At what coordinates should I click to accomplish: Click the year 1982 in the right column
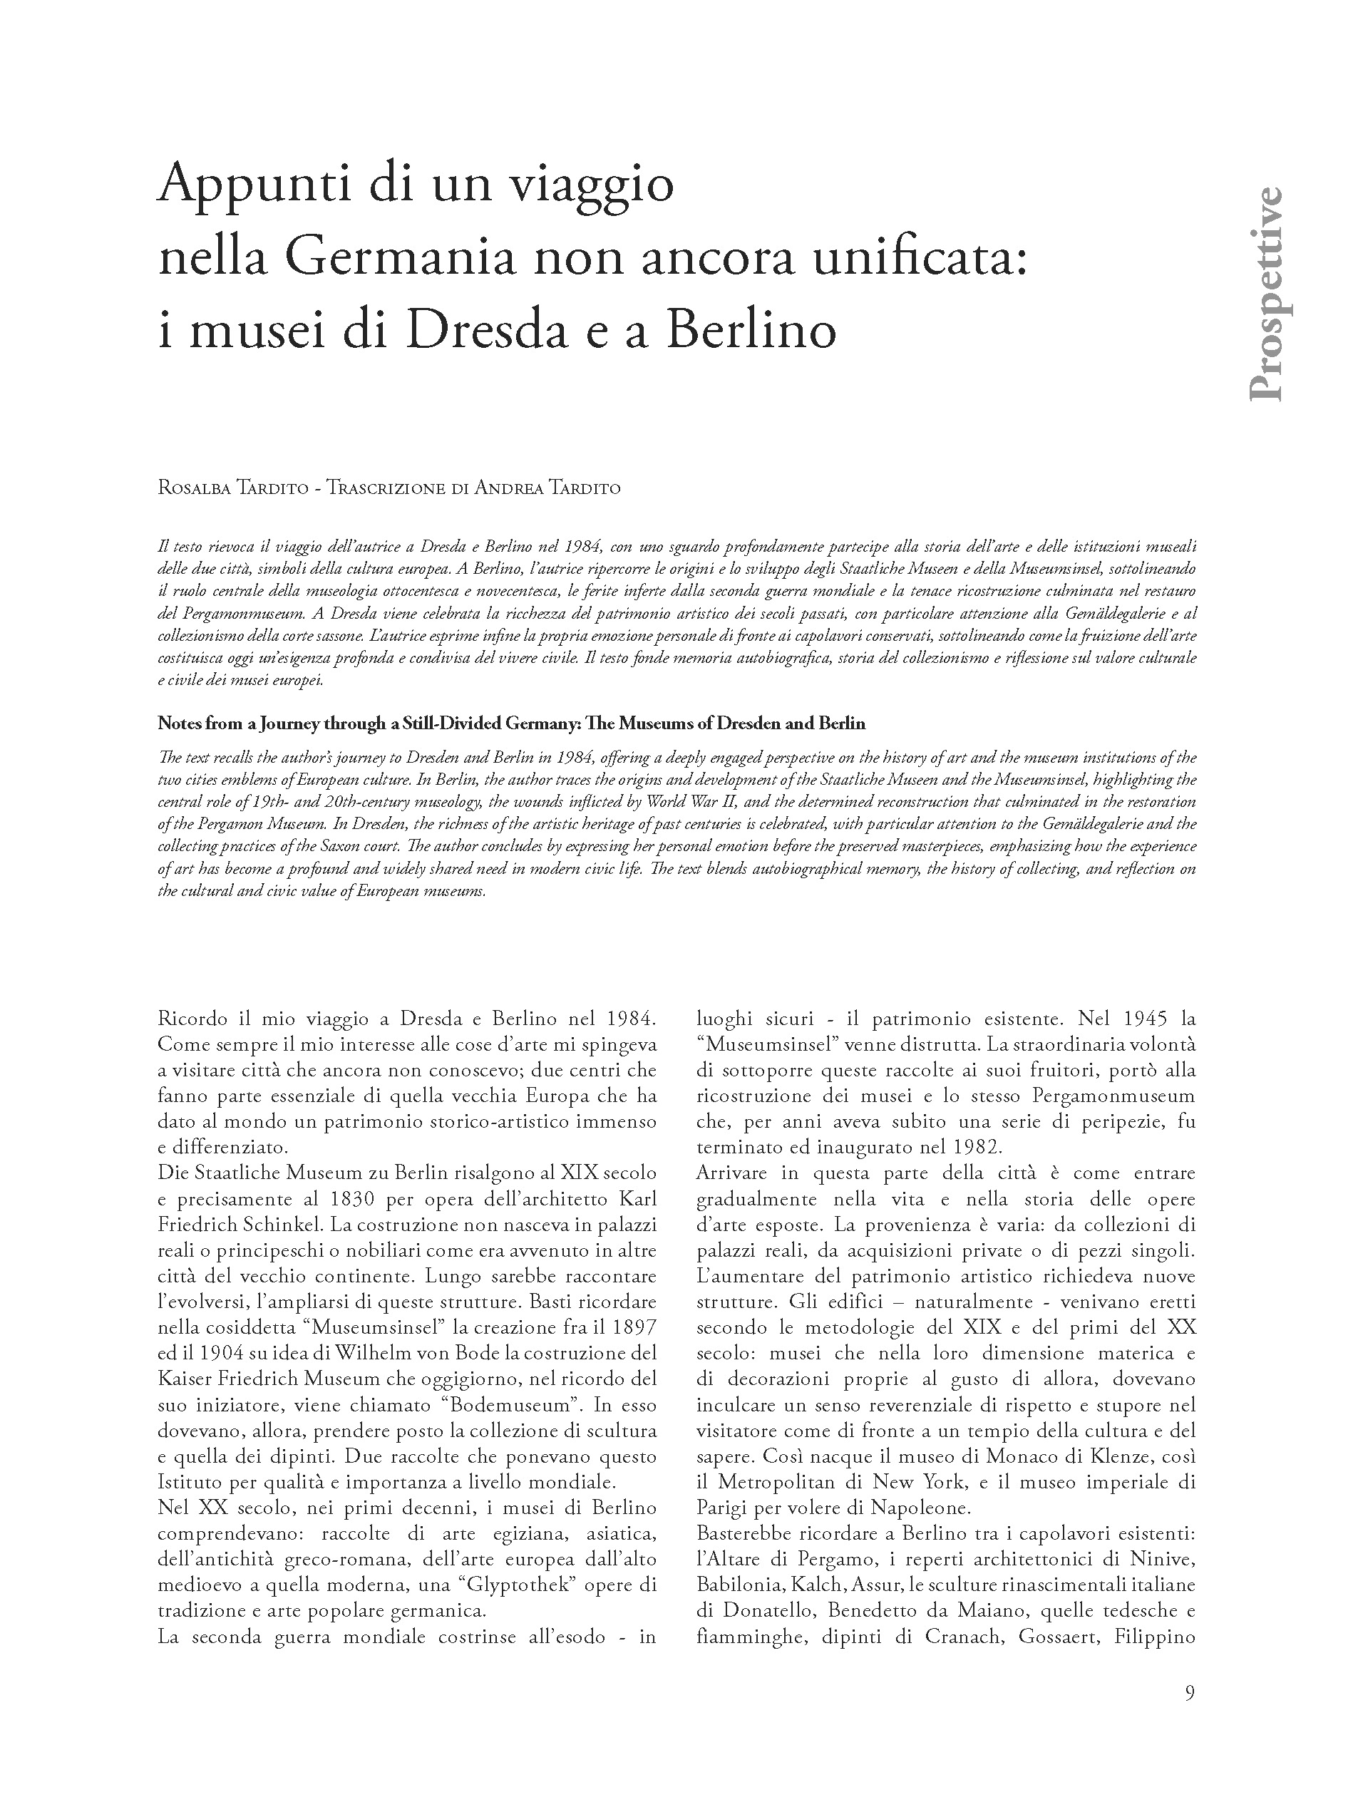[975, 1148]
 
